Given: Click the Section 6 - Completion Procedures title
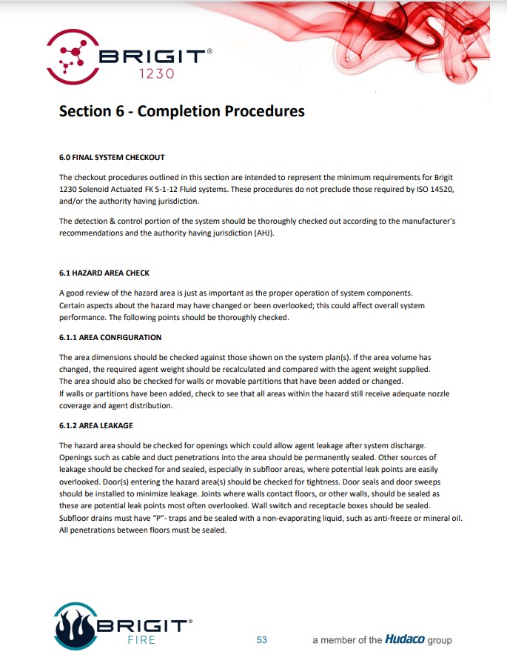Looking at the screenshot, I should [181, 111].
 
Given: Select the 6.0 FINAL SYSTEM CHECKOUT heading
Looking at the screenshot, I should [112, 157].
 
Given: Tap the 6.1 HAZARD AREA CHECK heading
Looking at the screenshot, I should [104, 273].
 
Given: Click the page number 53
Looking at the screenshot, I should [261, 639].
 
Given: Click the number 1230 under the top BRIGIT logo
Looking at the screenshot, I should [157, 73].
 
